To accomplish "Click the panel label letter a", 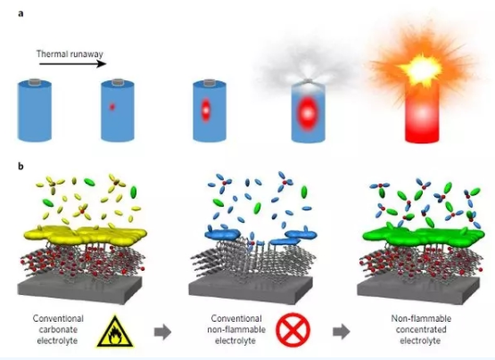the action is click(21, 14).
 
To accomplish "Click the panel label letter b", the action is click(21, 167).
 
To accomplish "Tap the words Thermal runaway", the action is click(70, 54).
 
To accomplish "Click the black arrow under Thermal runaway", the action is click(73, 64).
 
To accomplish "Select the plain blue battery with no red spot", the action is click(35, 110).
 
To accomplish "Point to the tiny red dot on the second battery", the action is click(112, 107).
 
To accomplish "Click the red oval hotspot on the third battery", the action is click(206, 110).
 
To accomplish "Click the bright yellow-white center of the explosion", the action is click(420, 70).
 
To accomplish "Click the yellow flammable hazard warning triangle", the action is click(116, 331).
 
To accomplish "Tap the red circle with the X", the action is click(293, 330).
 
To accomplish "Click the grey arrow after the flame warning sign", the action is click(163, 331).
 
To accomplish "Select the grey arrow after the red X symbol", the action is click(342, 331).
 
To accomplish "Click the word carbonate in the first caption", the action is click(58, 330).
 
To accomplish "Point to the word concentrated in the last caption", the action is click(421, 330).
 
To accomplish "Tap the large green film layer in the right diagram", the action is click(424, 236).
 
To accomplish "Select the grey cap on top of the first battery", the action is click(35, 82).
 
